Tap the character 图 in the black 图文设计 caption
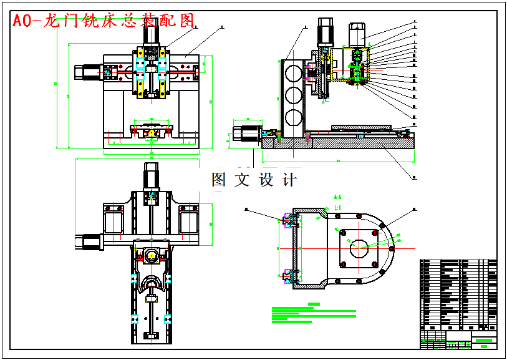point(219,180)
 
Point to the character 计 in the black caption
point(289,180)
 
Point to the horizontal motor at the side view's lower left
point(245,135)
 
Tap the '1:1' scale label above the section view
point(337,207)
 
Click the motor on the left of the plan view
point(89,241)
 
